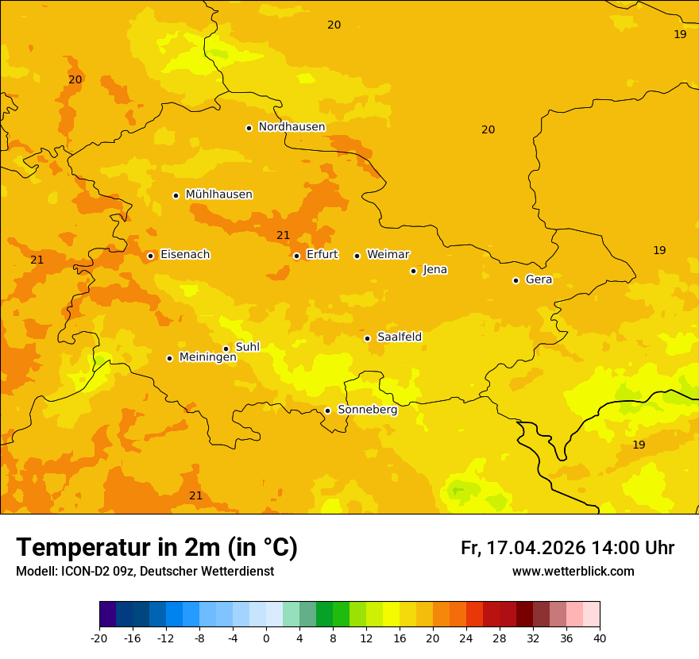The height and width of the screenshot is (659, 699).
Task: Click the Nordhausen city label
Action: tap(292, 127)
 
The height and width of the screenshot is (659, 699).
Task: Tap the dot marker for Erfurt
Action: tap(296, 256)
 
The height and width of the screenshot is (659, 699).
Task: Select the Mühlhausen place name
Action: tap(218, 195)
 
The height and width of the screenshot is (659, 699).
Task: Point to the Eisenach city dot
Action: tap(150, 256)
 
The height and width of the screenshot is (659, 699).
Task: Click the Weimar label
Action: tap(388, 255)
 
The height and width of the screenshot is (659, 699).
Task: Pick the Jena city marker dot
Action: tap(413, 271)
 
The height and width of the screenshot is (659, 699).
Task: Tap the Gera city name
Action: tap(539, 279)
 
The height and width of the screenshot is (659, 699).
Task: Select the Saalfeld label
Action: tap(399, 337)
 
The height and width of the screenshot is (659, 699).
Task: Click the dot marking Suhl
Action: tap(226, 349)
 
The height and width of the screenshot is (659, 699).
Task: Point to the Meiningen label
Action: tap(207, 357)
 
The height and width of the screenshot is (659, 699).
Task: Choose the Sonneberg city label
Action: tap(367, 410)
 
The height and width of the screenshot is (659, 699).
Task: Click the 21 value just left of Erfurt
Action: tap(283, 235)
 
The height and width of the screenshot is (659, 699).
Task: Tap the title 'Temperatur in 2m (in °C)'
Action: tap(156, 547)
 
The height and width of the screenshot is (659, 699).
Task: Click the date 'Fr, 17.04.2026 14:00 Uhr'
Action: tap(567, 548)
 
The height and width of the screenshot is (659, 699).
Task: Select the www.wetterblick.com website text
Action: tap(573, 571)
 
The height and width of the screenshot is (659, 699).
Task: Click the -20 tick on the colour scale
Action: tap(99, 638)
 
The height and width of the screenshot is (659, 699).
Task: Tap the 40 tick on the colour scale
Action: tap(600, 638)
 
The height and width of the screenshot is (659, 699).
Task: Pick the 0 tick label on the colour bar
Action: tap(266, 638)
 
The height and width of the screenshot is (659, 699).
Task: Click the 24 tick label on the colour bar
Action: tap(466, 638)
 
